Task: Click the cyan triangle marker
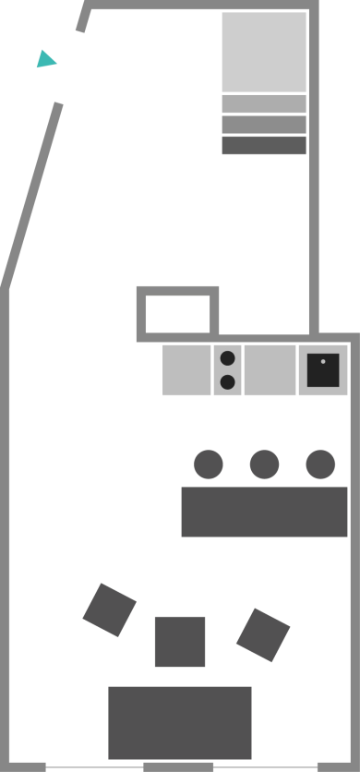(x=44, y=60)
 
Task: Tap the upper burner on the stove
(x=228, y=358)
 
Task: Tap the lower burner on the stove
(x=228, y=381)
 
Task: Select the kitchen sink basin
(x=323, y=370)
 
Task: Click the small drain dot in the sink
(x=323, y=361)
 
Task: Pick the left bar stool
(x=208, y=464)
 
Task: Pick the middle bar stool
(x=264, y=464)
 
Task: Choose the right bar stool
(x=320, y=464)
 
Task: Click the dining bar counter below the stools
(x=264, y=512)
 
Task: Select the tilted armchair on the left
(x=110, y=609)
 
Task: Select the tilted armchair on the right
(x=263, y=634)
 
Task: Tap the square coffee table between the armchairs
(x=180, y=641)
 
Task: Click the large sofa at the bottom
(x=180, y=722)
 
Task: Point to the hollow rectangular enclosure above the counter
(x=178, y=314)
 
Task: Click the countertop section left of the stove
(x=186, y=370)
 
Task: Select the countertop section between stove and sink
(x=270, y=370)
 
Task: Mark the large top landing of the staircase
(x=264, y=52)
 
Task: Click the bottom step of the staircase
(x=264, y=146)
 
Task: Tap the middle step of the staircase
(x=264, y=125)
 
